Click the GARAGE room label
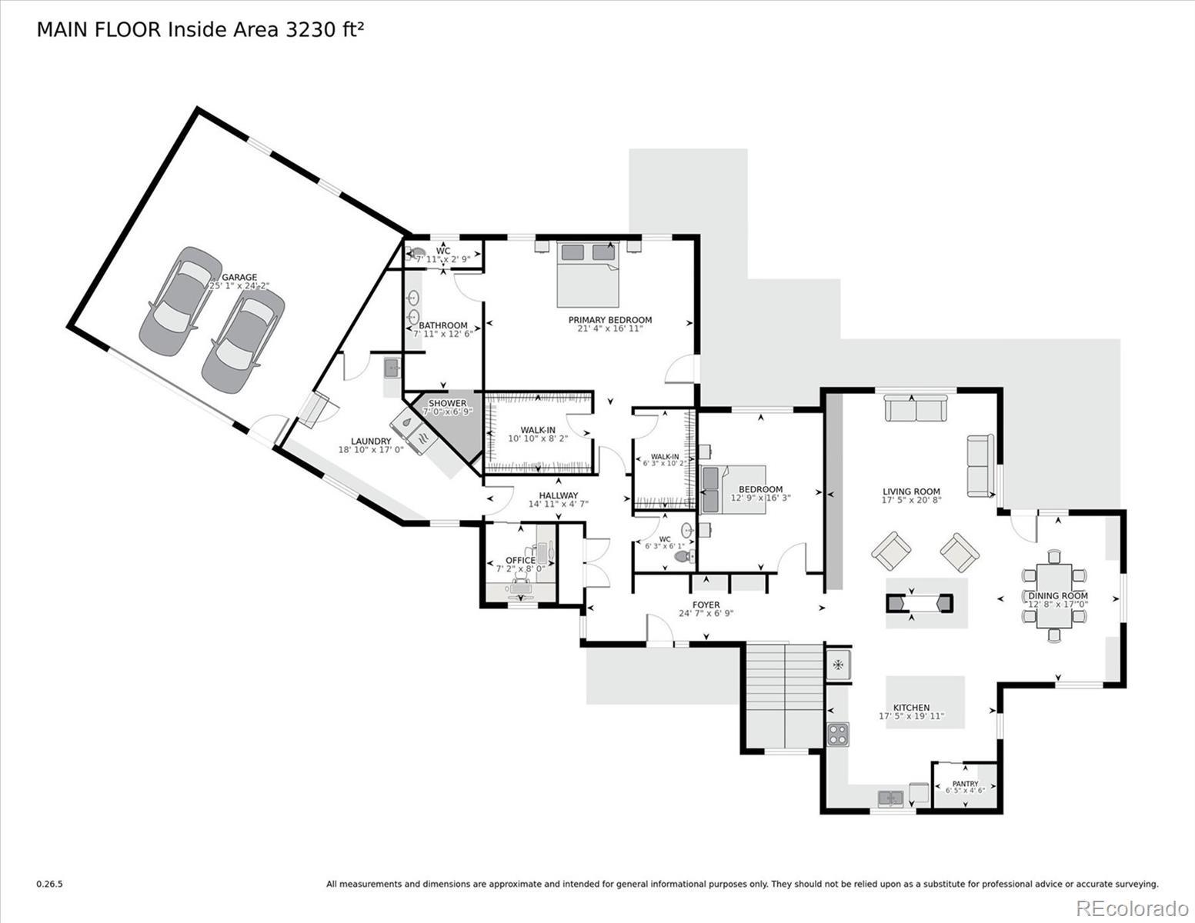click(239, 277)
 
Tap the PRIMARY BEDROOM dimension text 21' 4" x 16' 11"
click(610, 328)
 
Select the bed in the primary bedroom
click(588, 275)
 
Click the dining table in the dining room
click(1053, 596)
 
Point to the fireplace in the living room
click(919, 603)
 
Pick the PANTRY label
click(965, 783)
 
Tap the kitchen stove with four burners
click(838, 734)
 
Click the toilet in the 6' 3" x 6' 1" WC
click(683, 556)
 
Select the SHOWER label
click(448, 403)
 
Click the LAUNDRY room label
click(371, 441)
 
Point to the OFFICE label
click(520, 560)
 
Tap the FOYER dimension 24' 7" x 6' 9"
click(706, 613)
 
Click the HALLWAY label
click(558, 495)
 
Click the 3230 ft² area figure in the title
click(325, 29)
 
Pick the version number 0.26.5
click(49, 885)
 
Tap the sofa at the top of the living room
click(916, 409)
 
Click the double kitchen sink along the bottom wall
click(891, 798)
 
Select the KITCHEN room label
click(911, 708)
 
